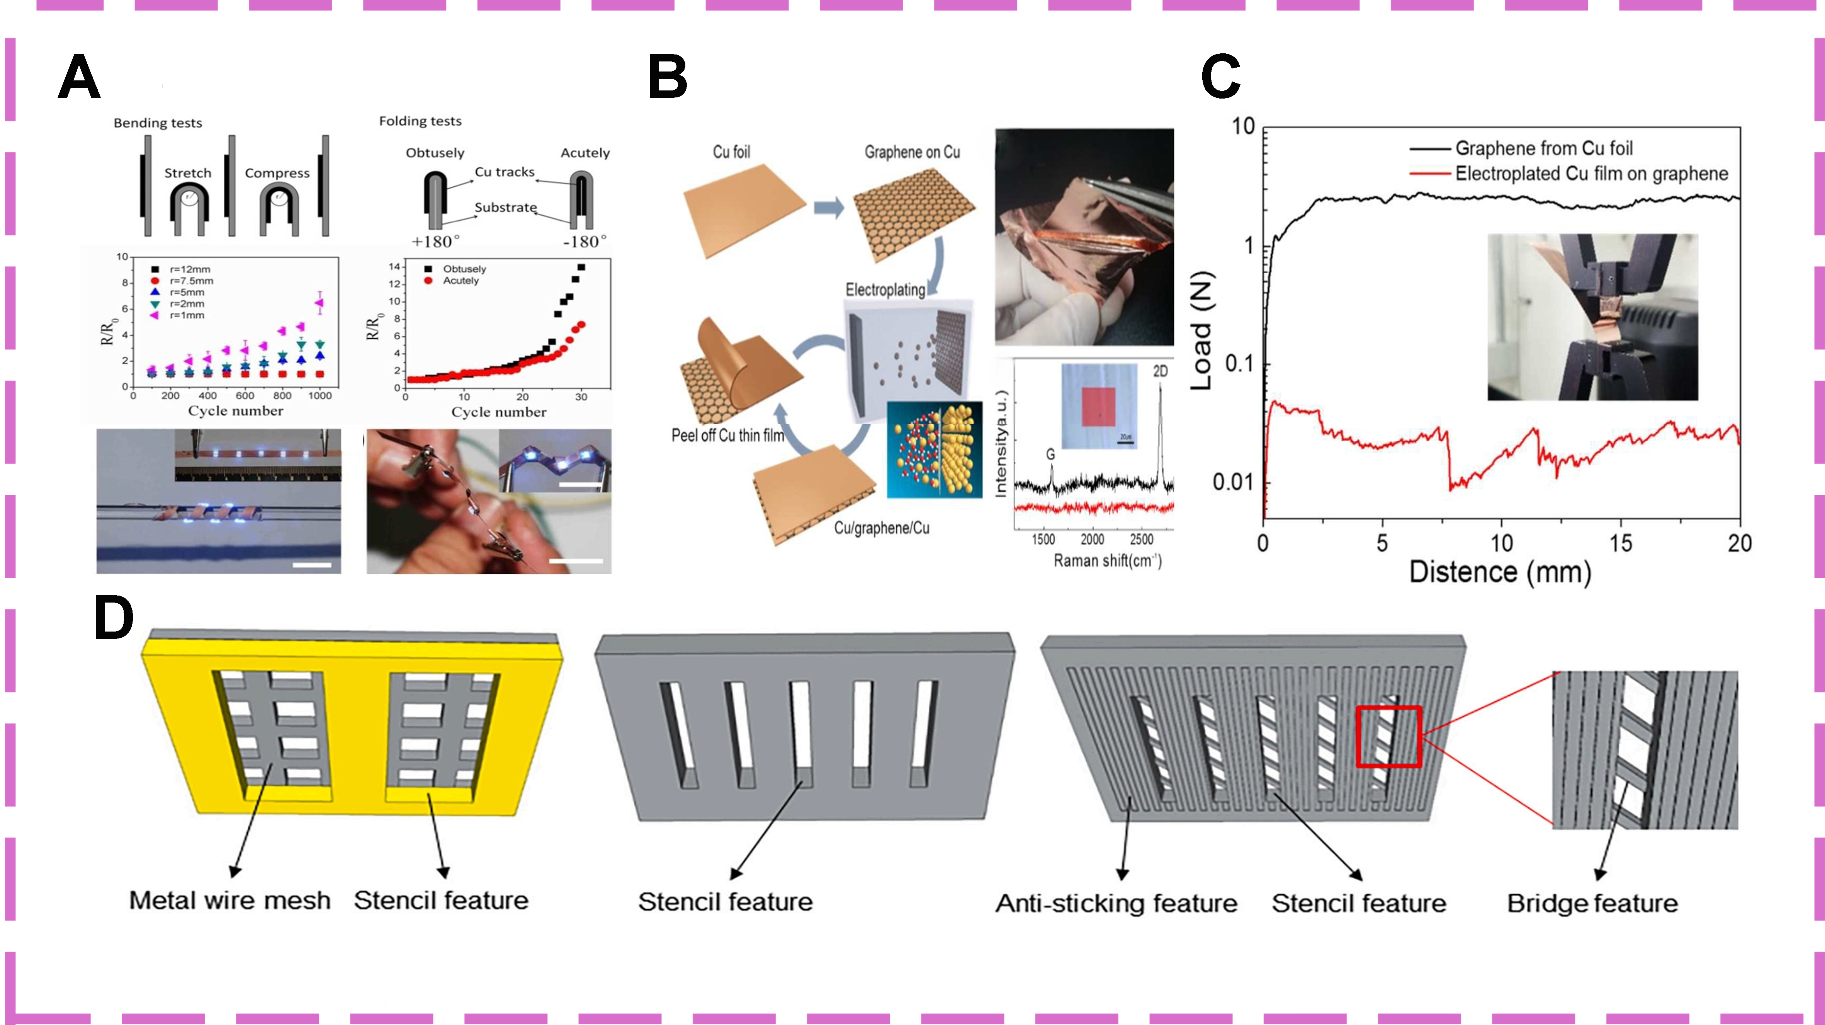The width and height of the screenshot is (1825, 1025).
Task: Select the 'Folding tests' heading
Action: (420, 121)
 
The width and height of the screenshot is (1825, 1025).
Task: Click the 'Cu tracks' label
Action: (505, 172)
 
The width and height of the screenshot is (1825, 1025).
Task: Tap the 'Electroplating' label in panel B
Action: (885, 290)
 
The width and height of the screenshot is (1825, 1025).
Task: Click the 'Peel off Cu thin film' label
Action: (727, 435)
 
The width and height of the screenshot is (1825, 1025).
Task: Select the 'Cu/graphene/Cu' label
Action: (881, 528)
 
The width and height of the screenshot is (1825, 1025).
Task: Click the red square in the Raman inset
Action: (1098, 407)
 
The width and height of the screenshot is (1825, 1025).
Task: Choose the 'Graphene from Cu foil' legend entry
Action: (1543, 148)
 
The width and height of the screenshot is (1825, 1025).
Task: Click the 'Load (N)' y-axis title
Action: (1202, 330)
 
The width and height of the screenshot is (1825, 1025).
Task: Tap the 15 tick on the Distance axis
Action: (1620, 544)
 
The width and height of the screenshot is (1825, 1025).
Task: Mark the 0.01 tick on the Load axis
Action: (1233, 483)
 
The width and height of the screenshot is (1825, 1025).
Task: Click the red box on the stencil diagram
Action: (1388, 737)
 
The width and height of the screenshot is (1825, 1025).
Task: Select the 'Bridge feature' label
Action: (1592, 904)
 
